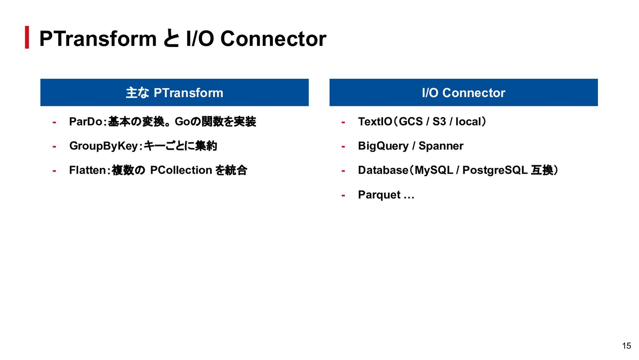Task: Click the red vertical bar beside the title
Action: [x=27, y=37]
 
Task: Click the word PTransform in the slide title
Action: [x=98, y=39]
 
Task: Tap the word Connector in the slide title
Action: [x=273, y=39]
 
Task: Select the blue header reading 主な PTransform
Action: [x=174, y=92]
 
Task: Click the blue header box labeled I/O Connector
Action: [x=464, y=92]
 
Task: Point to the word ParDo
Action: [x=86, y=122]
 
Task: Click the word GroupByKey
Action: [x=104, y=146]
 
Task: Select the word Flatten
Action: [x=87, y=170]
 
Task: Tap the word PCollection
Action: [x=181, y=170]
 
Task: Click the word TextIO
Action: [x=375, y=122]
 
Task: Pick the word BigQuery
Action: [x=383, y=146]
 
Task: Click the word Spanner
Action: [x=441, y=146]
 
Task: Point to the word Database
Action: [x=383, y=170]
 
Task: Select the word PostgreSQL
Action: [x=495, y=170]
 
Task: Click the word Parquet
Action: [x=379, y=195]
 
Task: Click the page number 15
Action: [x=627, y=346]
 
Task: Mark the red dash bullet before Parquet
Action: [x=343, y=196]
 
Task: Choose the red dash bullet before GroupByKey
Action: [x=54, y=147]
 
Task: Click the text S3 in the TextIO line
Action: [x=439, y=122]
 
